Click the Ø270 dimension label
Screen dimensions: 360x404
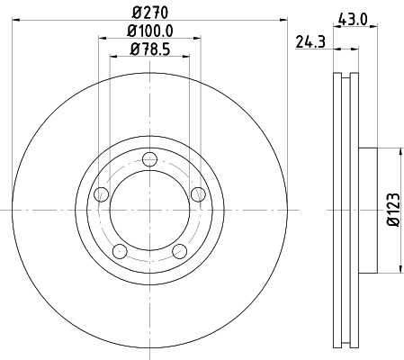point(149,12)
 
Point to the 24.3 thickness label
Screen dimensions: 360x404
point(310,40)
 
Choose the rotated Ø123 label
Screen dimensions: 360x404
point(393,209)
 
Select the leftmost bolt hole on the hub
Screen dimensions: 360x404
point(102,194)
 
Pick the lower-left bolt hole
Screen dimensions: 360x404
point(120,251)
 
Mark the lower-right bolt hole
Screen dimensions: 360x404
point(179,251)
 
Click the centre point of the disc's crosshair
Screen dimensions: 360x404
point(149,209)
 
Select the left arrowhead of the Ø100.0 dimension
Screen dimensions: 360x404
point(96,40)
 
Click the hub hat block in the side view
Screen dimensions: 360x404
point(366,209)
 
